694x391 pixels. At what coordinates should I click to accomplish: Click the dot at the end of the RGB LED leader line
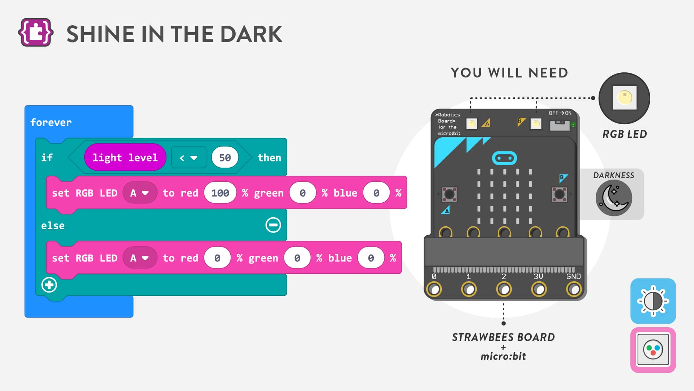pyautogui.click(x=593, y=98)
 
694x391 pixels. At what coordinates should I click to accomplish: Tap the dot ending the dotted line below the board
pyautogui.click(x=504, y=323)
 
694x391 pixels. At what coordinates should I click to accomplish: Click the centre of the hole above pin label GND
pyautogui.click(x=574, y=289)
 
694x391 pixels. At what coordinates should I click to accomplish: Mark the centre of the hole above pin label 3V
pyautogui.click(x=539, y=289)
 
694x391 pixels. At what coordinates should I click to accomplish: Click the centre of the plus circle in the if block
pyautogui.click(x=49, y=285)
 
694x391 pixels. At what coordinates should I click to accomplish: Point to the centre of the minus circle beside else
pyautogui.click(x=273, y=225)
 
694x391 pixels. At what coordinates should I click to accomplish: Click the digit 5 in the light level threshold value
pyautogui.click(x=222, y=158)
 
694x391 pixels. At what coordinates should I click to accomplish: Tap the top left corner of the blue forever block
pyautogui.click(x=25, y=106)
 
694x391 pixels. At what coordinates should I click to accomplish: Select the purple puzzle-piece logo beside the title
pyautogui.click(x=36, y=33)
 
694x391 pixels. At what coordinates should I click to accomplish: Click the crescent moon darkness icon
pyautogui.click(x=614, y=198)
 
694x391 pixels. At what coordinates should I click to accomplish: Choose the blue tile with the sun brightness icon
pyautogui.click(x=653, y=301)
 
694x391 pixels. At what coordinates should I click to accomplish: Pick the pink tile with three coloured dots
pyautogui.click(x=653, y=350)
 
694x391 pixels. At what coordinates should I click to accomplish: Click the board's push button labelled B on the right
pyautogui.click(x=559, y=194)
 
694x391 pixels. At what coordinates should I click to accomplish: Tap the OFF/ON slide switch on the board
pyautogui.click(x=560, y=125)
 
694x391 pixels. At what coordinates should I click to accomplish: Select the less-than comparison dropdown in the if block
pyautogui.click(x=189, y=157)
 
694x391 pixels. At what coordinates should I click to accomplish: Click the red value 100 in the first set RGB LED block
pyautogui.click(x=220, y=193)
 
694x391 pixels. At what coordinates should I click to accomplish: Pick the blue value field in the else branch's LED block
pyautogui.click(x=371, y=258)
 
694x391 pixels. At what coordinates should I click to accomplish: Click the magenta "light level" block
pyautogui.click(x=125, y=157)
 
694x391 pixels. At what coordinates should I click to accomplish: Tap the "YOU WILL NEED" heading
pyautogui.click(x=510, y=73)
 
